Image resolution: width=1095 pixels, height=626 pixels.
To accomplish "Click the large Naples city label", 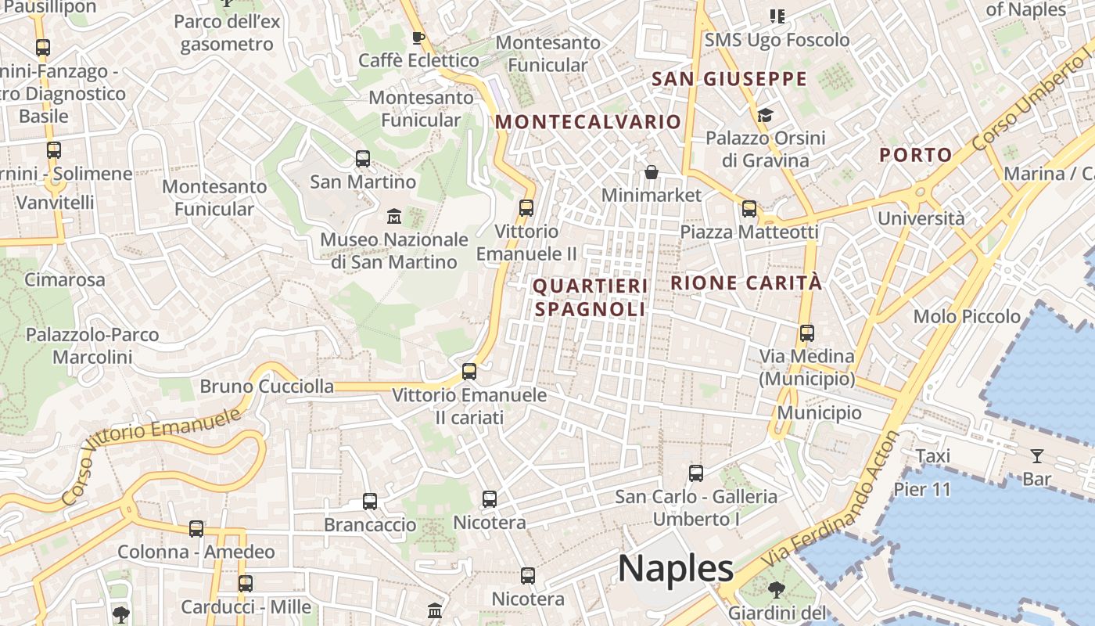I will click(x=676, y=568).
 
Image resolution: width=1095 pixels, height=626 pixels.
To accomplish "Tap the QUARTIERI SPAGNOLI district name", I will click(x=590, y=297).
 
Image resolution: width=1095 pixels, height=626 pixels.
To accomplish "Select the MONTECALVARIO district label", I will click(x=588, y=122).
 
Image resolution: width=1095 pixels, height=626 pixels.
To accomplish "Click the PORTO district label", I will click(x=915, y=155).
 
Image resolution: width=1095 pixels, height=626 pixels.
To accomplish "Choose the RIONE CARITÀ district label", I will click(x=746, y=283).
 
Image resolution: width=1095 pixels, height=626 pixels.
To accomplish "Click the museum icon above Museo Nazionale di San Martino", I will click(x=394, y=215).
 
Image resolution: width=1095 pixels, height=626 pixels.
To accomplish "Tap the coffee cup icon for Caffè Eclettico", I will click(x=418, y=38).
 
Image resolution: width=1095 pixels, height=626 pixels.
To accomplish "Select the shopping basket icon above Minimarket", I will click(x=651, y=172).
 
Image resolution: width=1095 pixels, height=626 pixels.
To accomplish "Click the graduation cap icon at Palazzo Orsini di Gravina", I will click(x=765, y=116).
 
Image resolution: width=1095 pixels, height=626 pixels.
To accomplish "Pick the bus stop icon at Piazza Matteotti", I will click(x=749, y=209).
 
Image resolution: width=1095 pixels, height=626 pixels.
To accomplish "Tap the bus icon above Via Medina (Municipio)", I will click(x=807, y=333).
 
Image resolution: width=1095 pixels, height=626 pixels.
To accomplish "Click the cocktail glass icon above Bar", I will click(x=1037, y=455).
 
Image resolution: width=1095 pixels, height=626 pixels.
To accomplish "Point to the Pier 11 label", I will click(x=922, y=490).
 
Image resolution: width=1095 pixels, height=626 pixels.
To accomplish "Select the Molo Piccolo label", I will click(x=967, y=316).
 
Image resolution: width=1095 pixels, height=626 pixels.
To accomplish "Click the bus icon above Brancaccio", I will click(x=370, y=502).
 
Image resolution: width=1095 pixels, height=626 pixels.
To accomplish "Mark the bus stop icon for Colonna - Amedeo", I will click(x=196, y=529).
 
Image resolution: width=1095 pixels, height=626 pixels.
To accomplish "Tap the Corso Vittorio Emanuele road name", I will click(x=151, y=455).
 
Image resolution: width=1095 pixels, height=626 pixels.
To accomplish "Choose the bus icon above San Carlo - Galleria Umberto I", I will click(x=696, y=473).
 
